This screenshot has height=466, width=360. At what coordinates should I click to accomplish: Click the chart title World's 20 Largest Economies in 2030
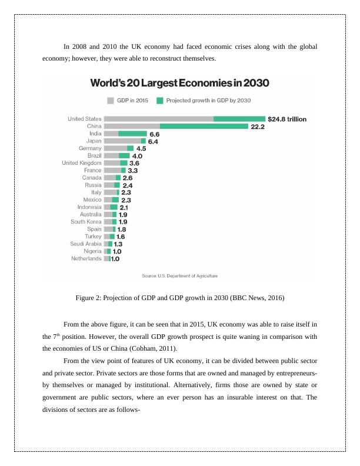(x=179, y=83)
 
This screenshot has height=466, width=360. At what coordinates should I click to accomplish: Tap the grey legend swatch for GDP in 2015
(x=110, y=100)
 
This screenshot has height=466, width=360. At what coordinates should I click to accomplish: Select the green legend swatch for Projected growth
(x=159, y=100)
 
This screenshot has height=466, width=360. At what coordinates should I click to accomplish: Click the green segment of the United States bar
(x=239, y=119)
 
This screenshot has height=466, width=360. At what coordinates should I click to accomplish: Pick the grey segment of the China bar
(x=132, y=127)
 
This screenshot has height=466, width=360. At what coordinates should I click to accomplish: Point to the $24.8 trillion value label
(x=286, y=119)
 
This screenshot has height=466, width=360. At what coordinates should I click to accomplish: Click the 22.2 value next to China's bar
(x=257, y=127)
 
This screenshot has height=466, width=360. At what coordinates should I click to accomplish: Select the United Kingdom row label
(x=82, y=163)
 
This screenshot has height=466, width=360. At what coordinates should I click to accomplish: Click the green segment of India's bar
(x=132, y=134)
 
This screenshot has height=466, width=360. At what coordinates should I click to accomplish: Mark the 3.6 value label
(x=134, y=163)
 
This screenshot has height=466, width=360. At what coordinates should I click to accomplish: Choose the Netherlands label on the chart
(x=86, y=258)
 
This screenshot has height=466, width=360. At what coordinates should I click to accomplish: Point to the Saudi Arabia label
(x=86, y=244)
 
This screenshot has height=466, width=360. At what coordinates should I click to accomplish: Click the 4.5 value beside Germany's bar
(x=141, y=148)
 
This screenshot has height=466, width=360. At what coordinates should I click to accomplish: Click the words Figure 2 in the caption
(x=89, y=298)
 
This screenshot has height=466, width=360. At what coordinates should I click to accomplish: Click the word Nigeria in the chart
(x=92, y=251)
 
